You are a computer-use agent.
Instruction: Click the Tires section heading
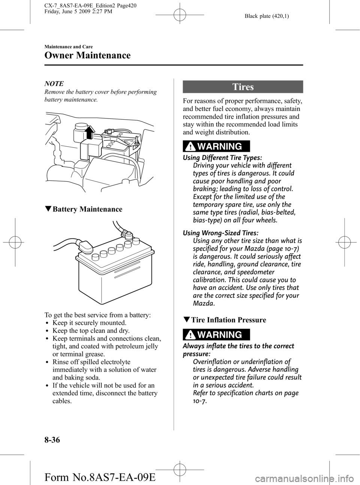243,87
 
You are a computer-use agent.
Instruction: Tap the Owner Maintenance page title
87,56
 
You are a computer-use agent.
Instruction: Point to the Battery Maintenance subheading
87,209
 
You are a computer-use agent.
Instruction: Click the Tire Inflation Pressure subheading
228,320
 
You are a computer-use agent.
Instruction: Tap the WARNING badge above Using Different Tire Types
217,146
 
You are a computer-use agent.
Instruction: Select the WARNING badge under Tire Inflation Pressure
217,335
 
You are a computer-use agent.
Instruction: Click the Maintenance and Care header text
68,47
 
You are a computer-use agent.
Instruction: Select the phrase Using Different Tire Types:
217,158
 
